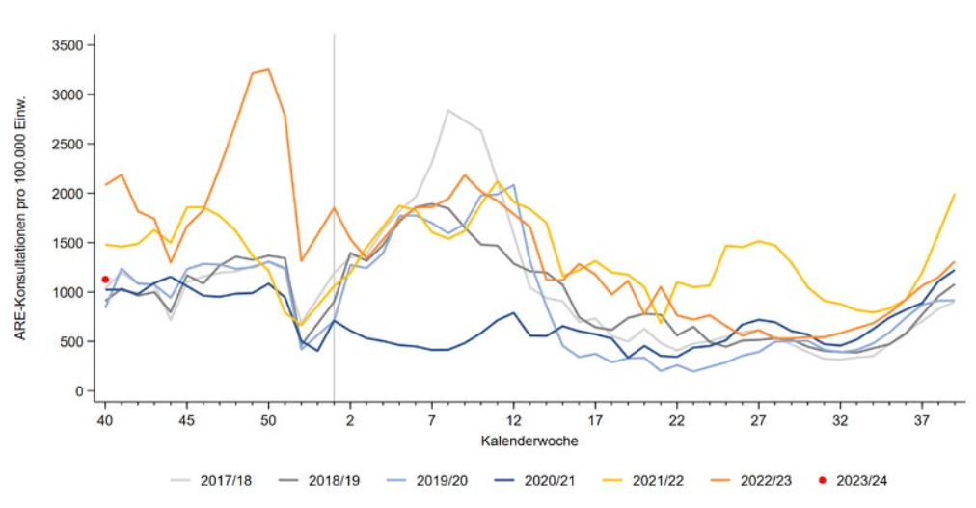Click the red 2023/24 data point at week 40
coord(105,280)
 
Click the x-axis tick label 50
coord(268,420)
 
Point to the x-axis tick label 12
coord(514,420)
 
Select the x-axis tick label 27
coord(759,420)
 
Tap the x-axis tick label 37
coord(922,420)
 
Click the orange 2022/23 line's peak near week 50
coord(268,69)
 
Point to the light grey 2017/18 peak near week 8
coord(448,110)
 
